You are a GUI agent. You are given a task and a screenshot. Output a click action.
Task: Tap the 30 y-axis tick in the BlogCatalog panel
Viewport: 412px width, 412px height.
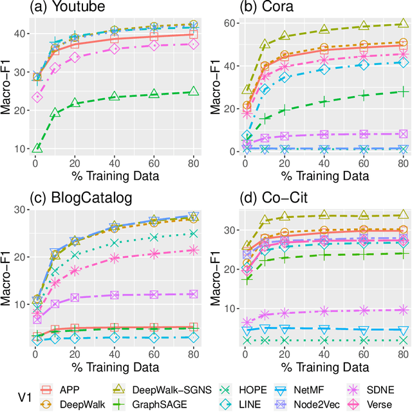[21, 210]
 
